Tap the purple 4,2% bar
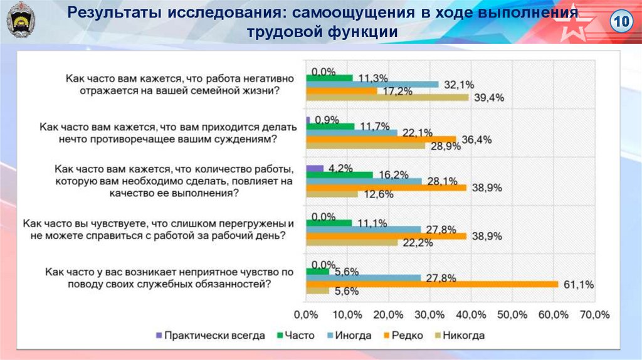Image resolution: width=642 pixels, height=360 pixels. tap(314, 168)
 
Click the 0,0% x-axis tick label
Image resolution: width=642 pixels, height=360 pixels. tap(306, 314)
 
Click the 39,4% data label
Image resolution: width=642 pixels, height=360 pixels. tap(490, 98)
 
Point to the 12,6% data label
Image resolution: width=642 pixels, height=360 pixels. tap(378, 194)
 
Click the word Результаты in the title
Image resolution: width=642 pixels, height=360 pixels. tap(112, 12)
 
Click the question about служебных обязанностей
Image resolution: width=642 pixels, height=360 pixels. tap(169, 278)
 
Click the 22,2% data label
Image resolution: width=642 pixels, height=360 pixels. tap(418, 243)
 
